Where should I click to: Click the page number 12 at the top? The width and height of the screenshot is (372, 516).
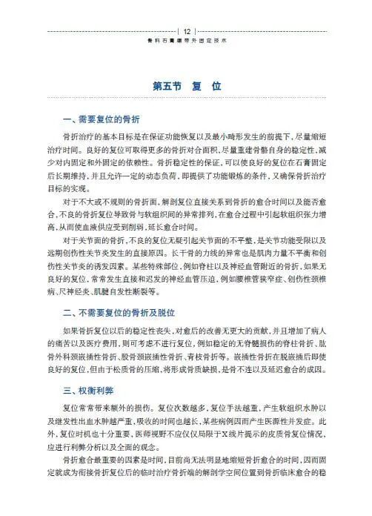click(187, 31)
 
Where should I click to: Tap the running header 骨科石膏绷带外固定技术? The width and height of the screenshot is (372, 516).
click(187, 42)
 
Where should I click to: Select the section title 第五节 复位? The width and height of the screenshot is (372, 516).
click(187, 86)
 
